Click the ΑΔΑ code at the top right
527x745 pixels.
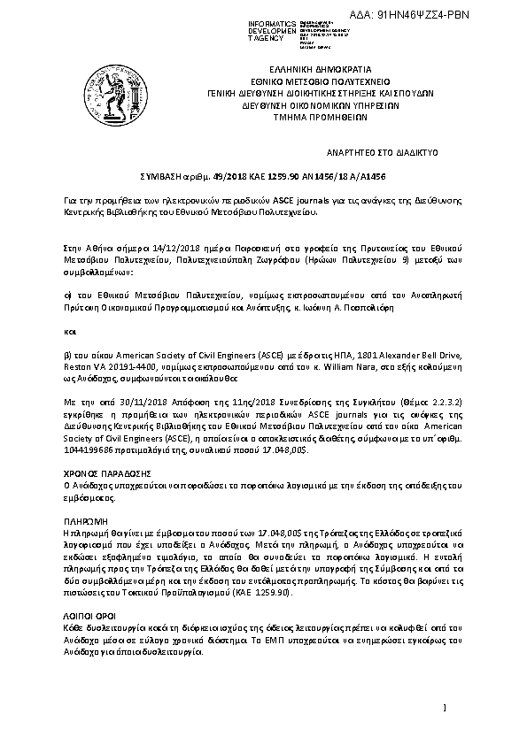pyautogui.click(x=461, y=15)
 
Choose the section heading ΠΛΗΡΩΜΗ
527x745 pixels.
pyautogui.click(x=85, y=522)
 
